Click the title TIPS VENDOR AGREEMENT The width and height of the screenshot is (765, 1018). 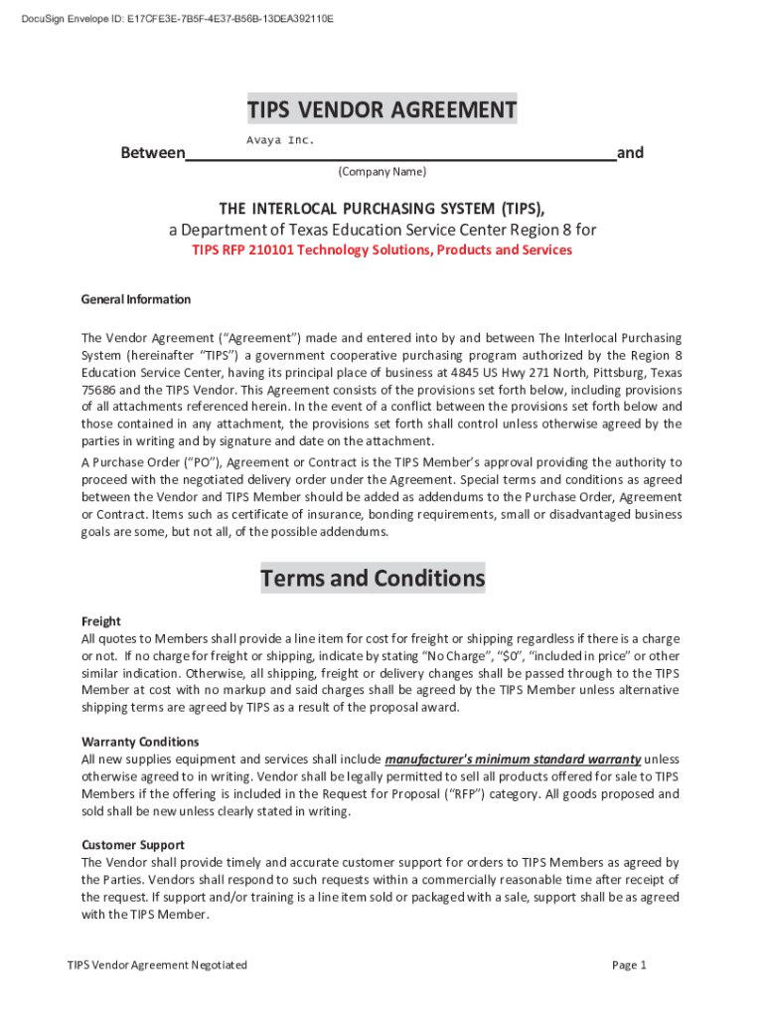[x=382, y=109]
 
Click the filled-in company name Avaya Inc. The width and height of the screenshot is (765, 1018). [x=280, y=141]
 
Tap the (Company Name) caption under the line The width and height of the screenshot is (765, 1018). [x=382, y=172]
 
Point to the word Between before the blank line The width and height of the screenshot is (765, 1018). [x=152, y=153]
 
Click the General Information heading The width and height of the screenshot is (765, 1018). [x=135, y=299]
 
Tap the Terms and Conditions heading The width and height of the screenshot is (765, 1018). [x=373, y=578]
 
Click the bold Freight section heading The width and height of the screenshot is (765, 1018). [x=100, y=620]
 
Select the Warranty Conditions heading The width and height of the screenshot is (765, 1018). [x=140, y=742]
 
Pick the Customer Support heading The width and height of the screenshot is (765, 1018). [x=133, y=845]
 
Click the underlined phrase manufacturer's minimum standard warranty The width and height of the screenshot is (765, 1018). [x=512, y=760]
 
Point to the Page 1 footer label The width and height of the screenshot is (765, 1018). [x=630, y=965]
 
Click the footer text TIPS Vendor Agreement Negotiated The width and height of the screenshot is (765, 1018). [x=157, y=965]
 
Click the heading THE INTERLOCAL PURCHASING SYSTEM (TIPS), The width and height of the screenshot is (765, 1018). [x=382, y=209]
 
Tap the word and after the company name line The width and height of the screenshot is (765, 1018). [x=630, y=153]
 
